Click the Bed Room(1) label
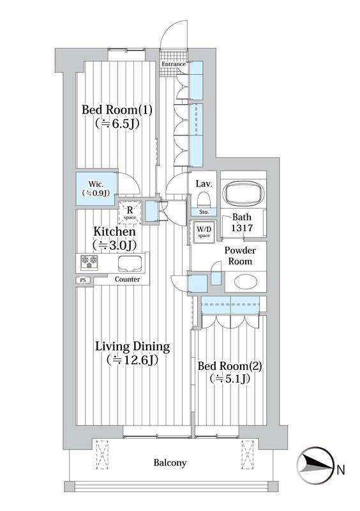[117, 110]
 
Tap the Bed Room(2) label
[230, 366]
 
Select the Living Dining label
[132, 346]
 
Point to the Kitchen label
[114, 232]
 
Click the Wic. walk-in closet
[97, 188]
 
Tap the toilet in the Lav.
[204, 199]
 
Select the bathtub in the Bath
[243, 194]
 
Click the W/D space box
[204, 233]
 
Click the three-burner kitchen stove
[89, 262]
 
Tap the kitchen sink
[130, 264]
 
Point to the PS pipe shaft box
[84, 280]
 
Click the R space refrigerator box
[130, 213]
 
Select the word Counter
[128, 279]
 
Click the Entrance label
[174, 65]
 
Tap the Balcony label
[170, 462]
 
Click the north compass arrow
[317, 465]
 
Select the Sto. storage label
[204, 212]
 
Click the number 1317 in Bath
[242, 228]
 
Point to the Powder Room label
[240, 256]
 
